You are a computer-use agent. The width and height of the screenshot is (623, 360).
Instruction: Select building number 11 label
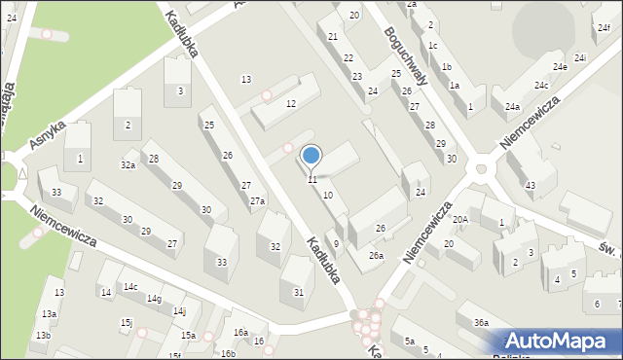[311, 180]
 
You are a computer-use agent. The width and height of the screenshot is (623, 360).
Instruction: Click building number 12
[290, 103]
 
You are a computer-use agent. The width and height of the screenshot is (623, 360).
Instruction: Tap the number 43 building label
[530, 185]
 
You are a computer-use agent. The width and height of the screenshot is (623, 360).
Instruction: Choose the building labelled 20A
[459, 220]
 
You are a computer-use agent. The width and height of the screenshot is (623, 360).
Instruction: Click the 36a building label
[480, 322]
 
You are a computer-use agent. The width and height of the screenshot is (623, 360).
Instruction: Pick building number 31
[298, 292]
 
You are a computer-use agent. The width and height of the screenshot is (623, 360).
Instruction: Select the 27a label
[257, 201]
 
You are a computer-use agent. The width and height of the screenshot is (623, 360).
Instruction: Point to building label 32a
[128, 165]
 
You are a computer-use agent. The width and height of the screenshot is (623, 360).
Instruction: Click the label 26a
[376, 256]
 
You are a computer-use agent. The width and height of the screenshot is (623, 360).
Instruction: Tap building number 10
[328, 196]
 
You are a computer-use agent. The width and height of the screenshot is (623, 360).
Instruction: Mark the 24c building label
[540, 86]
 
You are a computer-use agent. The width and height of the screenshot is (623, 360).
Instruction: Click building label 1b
[446, 66]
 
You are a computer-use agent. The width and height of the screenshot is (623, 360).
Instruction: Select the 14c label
[129, 286]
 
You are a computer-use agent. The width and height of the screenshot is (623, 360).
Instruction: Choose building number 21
[333, 36]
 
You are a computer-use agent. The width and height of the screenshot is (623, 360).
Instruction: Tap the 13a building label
[49, 313]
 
